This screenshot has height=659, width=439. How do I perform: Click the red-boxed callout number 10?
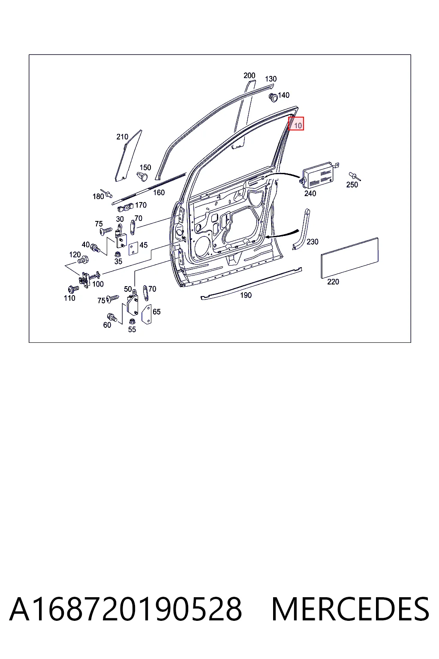point(298,126)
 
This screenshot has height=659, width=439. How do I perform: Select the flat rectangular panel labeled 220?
point(349,258)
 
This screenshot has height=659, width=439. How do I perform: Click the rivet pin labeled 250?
point(354,176)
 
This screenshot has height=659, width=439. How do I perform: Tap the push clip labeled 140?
point(274,97)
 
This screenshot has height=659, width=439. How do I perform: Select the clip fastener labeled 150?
point(143,176)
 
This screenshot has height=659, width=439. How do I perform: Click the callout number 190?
point(246,295)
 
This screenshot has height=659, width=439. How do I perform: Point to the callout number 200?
point(250,76)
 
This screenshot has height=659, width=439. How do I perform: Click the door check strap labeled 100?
point(89,278)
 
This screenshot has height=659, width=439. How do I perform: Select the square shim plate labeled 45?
point(133,248)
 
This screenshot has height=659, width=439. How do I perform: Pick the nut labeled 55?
point(132,320)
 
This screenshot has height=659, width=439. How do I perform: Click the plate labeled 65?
point(147,314)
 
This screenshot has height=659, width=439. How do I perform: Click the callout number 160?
point(159,193)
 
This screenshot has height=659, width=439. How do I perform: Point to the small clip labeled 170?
point(126,208)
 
